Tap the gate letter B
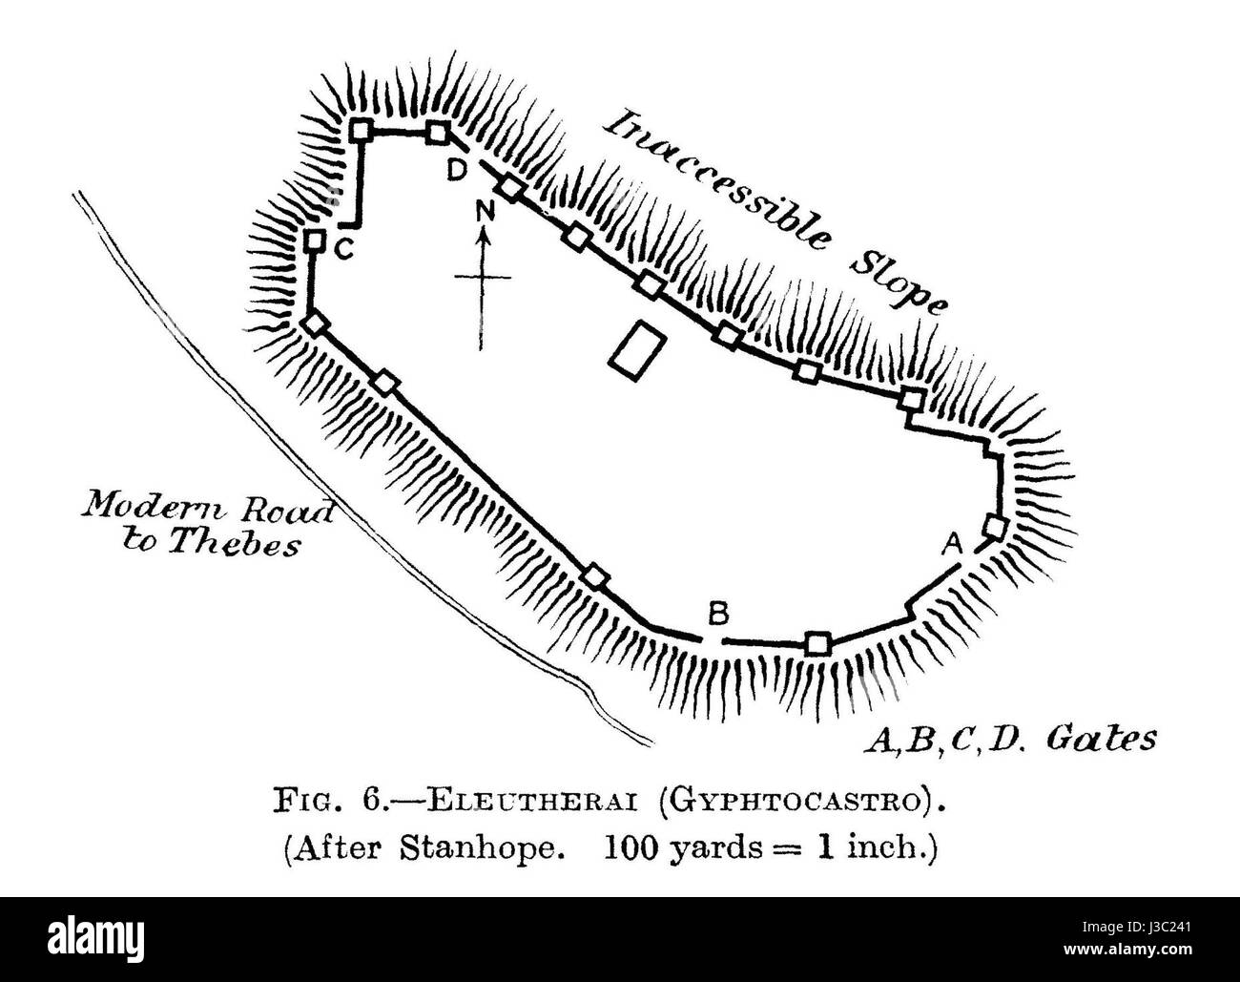(718, 614)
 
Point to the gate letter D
(458, 170)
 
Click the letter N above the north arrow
(485, 213)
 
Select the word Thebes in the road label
(234, 543)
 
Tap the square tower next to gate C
(316, 240)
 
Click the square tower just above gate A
(995, 527)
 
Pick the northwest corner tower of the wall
(362, 129)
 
